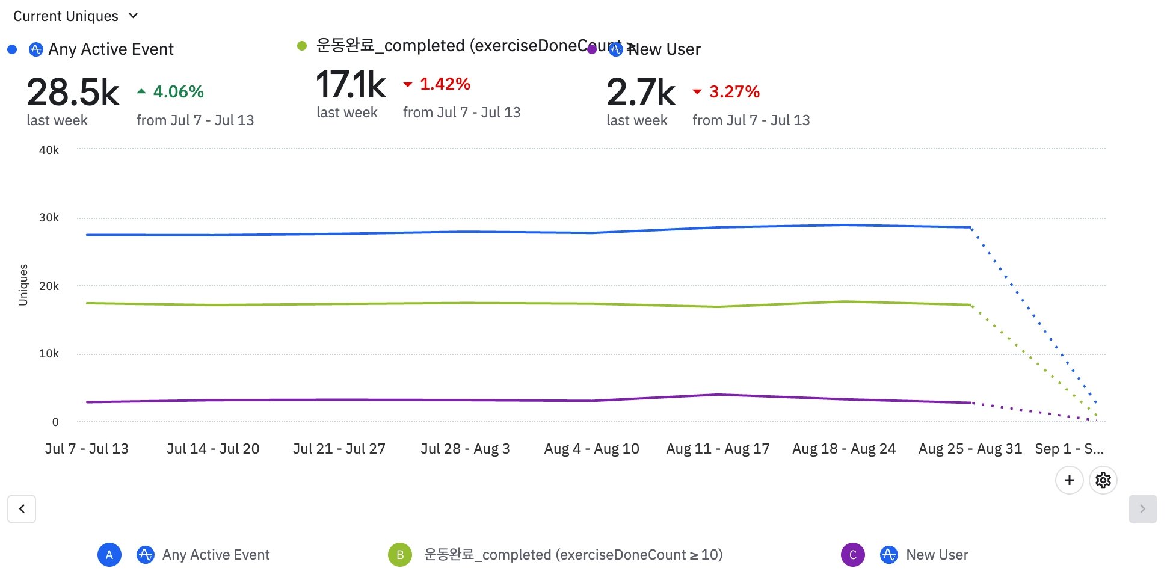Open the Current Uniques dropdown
(76, 16)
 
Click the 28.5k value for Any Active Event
(73, 93)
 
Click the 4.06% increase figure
(178, 91)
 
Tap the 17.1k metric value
(351, 85)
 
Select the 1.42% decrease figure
(445, 84)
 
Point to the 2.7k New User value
(641, 93)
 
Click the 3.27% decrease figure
(734, 91)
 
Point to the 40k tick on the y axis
(49, 150)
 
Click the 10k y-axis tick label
(49, 354)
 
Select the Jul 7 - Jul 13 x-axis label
(87, 449)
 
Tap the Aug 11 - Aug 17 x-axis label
(718, 449)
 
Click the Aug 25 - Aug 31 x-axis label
(970, 449)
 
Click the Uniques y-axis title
(23, 285)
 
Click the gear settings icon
(1103, 480)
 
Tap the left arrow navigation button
(22, 509)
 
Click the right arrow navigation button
(1142, 509)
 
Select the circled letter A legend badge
(109, 555)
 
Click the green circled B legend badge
(400, 555)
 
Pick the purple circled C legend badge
(852, 555)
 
